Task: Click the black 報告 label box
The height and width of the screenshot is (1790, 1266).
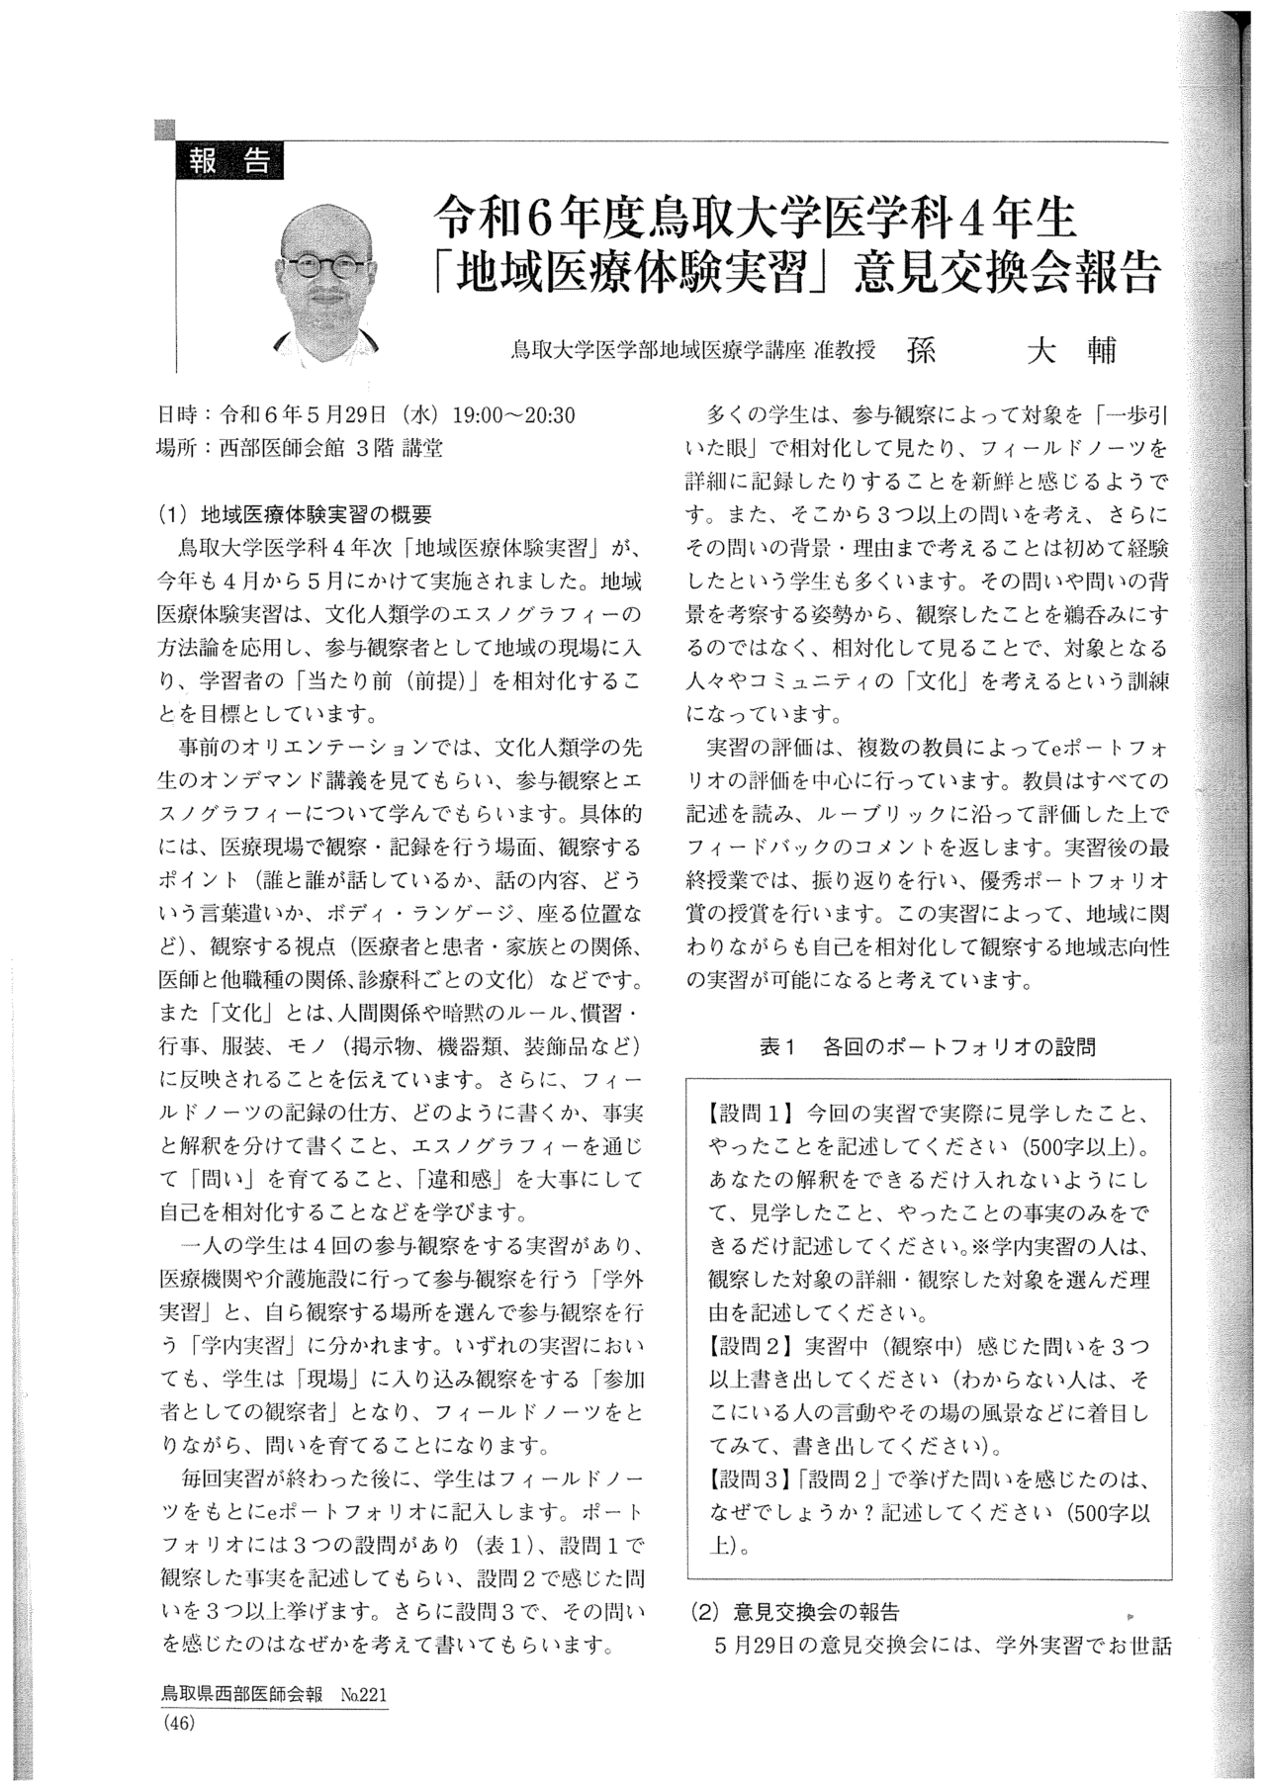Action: tap(228, 161)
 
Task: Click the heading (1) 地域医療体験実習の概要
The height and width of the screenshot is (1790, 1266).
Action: tap(295, 515)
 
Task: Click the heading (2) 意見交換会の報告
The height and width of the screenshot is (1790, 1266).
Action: tap(792, 1613)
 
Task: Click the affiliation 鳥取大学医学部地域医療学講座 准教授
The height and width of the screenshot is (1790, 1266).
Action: tap(693, 351)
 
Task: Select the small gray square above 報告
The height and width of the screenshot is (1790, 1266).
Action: tap(165, 129)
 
